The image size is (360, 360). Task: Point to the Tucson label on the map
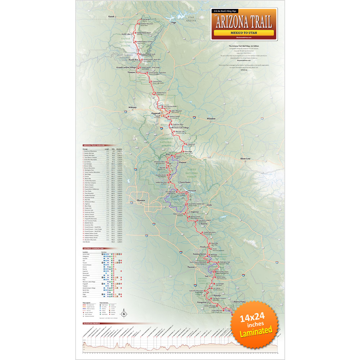pyautogui.click(x=191, y=267)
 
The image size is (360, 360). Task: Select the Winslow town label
pyautogui.click(x=211, y=118)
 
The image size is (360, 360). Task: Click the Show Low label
pyautogui.click(x=246, y=158)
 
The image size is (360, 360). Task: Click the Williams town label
pyautogui.click(x=132, y=107)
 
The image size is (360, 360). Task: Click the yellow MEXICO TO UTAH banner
pyautogui.click(x=243, y=32)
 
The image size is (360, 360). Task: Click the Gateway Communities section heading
pyautogui.click(x=94, y=248)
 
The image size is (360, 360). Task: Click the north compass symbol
pyautogui.click(x=123, y=314)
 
